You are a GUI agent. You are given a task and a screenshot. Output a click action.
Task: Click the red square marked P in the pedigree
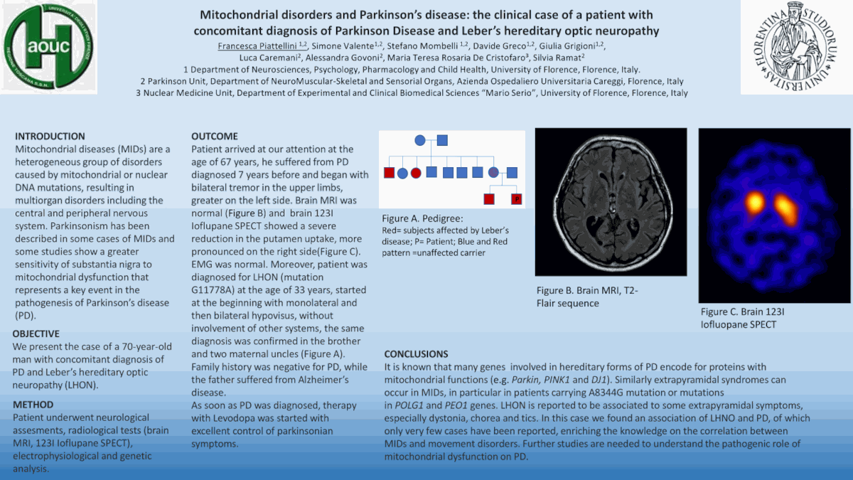[x=516, y=198]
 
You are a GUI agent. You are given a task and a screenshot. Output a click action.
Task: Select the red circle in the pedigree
[x=417, y=172]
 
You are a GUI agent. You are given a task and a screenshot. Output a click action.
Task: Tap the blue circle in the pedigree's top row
[x=420, y=140]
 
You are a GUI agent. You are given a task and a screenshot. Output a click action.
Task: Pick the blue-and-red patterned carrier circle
[x=494, y=172]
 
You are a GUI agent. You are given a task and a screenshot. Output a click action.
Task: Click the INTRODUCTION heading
[x=50, y=136]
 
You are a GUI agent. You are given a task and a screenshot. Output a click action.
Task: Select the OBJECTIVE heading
[x=36, y=334]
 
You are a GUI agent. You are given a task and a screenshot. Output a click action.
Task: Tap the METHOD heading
[x=33, y=405]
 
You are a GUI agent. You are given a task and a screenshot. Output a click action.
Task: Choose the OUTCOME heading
[x=215, y=136]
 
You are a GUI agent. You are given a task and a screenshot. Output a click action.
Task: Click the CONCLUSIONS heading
[x=416, y=354]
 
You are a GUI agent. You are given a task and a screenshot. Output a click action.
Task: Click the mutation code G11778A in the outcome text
[x=218, y=290]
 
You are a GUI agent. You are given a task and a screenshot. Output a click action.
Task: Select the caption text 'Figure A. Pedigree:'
[x=422, y=218]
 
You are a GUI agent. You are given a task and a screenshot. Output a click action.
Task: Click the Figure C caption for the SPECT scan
[x=742, y=318]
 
